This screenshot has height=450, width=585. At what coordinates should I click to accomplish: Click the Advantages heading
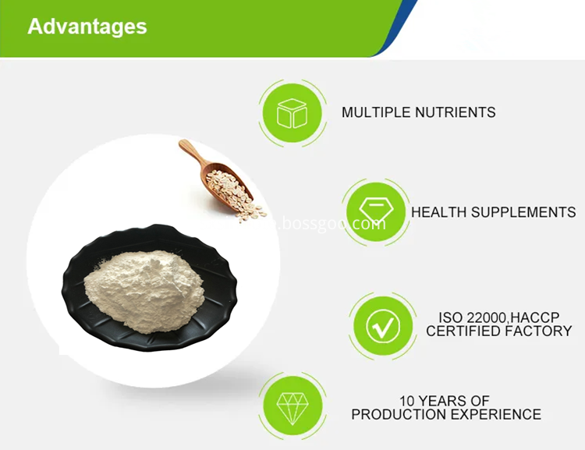pyautogui.click(x=87, y=27)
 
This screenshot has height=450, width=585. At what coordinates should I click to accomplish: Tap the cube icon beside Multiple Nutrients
pyautogui.click(x=292, y=113)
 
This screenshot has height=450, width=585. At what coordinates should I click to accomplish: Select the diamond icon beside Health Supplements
pyautogui.click(x=376, y=212)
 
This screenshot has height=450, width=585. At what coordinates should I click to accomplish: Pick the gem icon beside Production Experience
pyautogui.click(x=292, y=406)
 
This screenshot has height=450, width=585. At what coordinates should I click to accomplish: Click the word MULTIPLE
pyautogui.click(x=371, y=112)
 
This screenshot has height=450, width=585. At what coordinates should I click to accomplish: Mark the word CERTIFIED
pyautogui.click(x=464, y=331)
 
